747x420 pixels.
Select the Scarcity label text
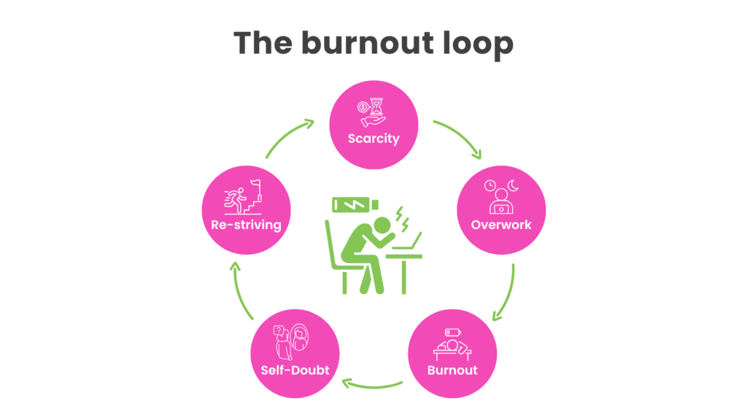point(373,138)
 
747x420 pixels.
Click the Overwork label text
point(501,225)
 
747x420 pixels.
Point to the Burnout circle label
point(452,370)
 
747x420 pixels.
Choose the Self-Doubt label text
point(295,370)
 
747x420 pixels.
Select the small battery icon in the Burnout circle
point(452,332)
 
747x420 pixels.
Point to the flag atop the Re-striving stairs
point(256,184)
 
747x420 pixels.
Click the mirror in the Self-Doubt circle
point(300,339)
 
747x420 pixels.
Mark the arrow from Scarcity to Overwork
point(459,138)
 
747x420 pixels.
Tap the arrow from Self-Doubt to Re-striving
point(241,292)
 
